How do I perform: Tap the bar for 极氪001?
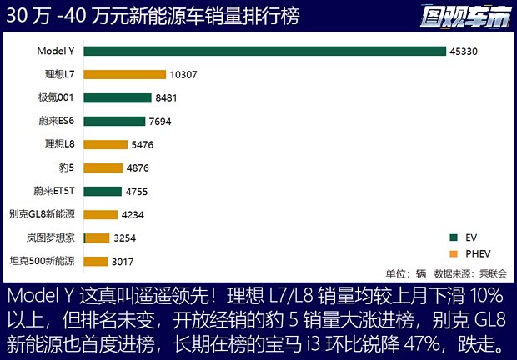pos(118,97)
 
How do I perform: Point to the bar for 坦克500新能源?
pos(96,261)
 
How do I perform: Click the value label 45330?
pos(465,52)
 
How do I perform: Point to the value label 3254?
pos(130,238)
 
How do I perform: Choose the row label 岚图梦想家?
pos(52,237)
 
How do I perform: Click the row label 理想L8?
pos(60,144)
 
